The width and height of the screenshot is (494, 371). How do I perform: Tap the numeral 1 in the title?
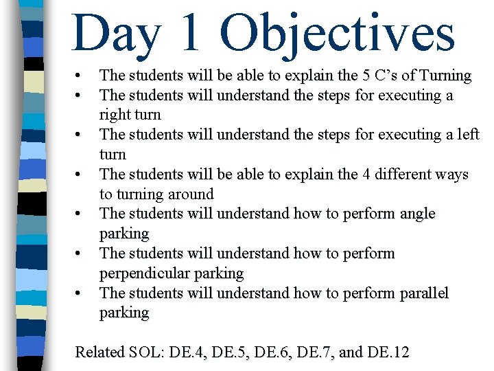[198, 32]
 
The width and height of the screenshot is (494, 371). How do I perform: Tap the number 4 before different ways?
[366, 175]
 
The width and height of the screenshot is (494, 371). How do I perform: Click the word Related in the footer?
[100, 352]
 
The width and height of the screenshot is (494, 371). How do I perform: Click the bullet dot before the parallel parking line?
[80, 293]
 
